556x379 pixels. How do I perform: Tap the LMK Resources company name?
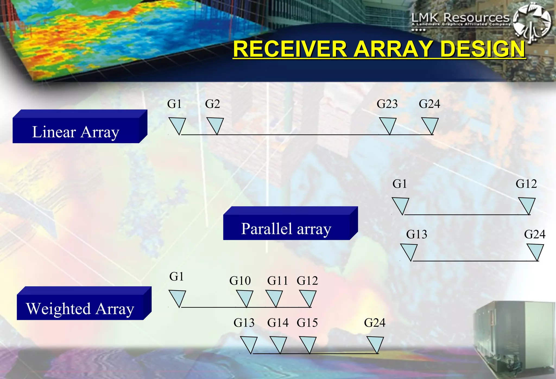(460, 18)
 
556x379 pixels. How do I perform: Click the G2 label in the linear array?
(212, 104)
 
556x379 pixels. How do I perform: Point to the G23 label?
(387, 104)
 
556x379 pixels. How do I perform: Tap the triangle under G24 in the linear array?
(430, 125)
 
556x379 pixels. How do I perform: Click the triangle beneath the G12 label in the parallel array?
(527, 205)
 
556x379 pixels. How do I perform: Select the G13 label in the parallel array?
(416, 234)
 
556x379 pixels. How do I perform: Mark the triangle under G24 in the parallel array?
(535, 251)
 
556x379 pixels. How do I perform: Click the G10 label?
(240, 281)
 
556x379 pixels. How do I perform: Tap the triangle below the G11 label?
(274, 297)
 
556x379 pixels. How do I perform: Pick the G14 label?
(278, 323)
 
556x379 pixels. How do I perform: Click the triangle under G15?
(308, 344)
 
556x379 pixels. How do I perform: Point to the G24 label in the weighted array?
(375, 323)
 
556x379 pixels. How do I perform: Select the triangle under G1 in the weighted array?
(177, 297)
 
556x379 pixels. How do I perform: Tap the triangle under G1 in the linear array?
(177, 125)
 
